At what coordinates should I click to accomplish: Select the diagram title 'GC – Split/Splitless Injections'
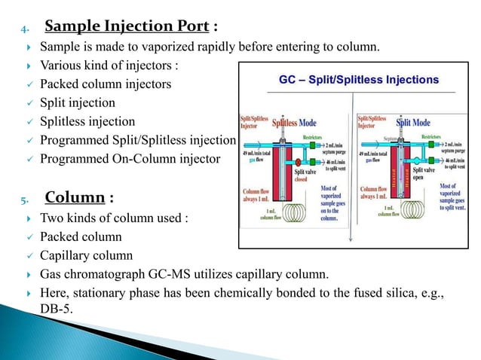[x=353, y=79]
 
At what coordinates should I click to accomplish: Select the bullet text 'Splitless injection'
[x=87, y=121]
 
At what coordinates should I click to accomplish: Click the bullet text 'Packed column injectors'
[x=106, y=84]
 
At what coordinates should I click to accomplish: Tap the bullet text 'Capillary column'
[x=85, y=255]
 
